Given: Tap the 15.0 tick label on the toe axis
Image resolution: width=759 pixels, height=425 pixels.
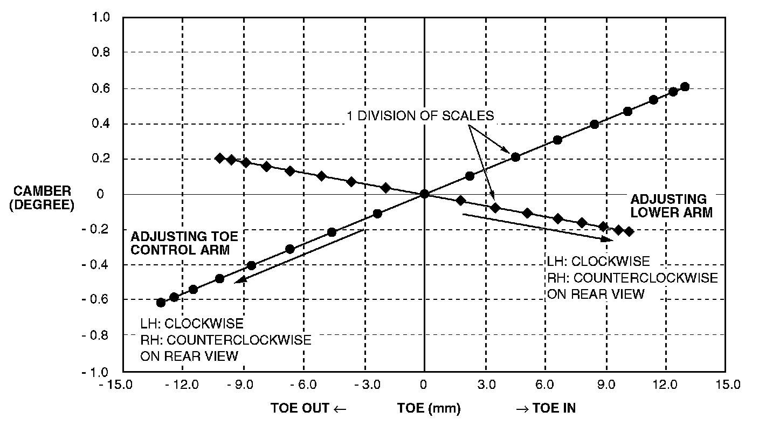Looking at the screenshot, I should pos(725,385).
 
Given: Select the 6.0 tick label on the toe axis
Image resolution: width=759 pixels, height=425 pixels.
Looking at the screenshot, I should pos(545,385).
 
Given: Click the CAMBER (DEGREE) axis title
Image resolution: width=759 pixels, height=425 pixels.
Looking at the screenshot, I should pos(42,197).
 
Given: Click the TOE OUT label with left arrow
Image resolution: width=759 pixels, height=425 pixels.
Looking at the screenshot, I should pos(308,408).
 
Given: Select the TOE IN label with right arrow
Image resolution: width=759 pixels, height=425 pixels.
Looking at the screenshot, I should pos(546,408).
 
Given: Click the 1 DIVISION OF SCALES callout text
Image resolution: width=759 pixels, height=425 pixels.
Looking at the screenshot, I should pos(420,115).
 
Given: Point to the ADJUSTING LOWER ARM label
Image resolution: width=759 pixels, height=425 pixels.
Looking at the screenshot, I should pos(672,205).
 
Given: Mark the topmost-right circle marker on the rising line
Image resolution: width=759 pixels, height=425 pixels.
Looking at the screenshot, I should pos(685,87).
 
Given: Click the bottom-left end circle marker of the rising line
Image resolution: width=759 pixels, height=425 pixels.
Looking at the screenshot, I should pos(161,302).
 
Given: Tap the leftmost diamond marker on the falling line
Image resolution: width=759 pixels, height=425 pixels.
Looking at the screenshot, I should pos(219,158).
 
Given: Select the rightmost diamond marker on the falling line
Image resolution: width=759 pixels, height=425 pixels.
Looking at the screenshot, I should pos(628,231).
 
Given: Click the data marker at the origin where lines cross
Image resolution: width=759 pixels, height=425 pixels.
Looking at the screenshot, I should pos(424,194).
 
